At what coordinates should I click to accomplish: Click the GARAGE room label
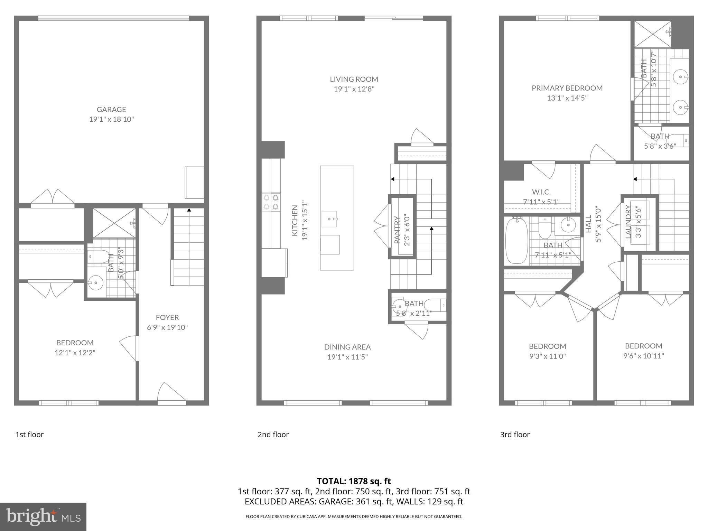(x=111, y=110)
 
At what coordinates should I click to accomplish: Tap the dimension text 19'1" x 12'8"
(x=354, y=89)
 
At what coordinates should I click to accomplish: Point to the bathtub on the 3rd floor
(x=516, y=241)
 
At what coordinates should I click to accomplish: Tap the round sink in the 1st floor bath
(x=95, y=283)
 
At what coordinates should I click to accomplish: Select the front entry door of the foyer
(x=172, y=394)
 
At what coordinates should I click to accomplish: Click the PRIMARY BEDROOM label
(x=567, y=88)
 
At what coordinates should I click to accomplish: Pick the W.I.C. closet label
(x=541, y=192)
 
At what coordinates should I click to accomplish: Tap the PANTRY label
(x=397, y=230)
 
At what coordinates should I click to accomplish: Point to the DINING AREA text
(x=347, y=347)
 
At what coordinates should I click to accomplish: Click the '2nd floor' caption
(x=273, y=435)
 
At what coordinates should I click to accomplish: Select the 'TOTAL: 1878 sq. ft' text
(x=354, y=481)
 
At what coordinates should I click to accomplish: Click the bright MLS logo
(x=43, y=516)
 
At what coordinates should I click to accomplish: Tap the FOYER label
(x=167, y=317)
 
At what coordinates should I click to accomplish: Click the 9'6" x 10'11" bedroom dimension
(x=644, y=356)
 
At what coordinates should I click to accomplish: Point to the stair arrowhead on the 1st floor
(x=189, y=210)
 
